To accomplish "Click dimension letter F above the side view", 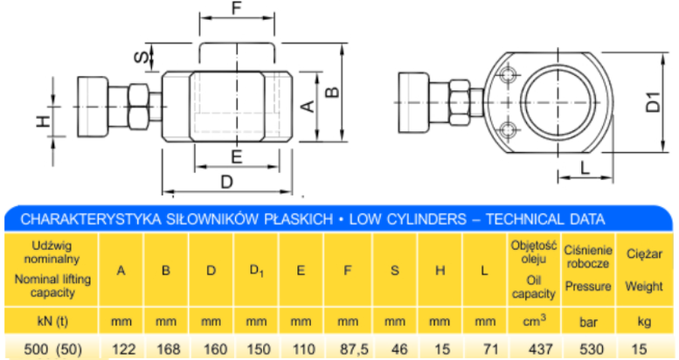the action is tap(237, 8).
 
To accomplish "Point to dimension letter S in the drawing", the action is tap(142, 57).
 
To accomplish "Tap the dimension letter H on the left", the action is tap(44, 121).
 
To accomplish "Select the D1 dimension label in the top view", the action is tap(654, 102).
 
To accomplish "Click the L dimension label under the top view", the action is tap(585, 167).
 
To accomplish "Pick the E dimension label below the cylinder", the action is tap(237, 156).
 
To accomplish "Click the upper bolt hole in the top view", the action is tap(508, 75).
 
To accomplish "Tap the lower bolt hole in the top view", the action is tap(508, 129).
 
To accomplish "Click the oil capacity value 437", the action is tap(540, 350).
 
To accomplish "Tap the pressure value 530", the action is tap(592, 350).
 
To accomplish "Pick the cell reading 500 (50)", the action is tap(52, 350).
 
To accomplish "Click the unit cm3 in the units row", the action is tap(534, 321).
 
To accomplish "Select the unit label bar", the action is tap(588, 322).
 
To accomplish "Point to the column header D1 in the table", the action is tap(256, 271).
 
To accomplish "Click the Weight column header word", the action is tap(644, 287).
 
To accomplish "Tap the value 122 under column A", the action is tap(124, 350).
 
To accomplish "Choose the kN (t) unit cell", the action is tap(52, 322).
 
